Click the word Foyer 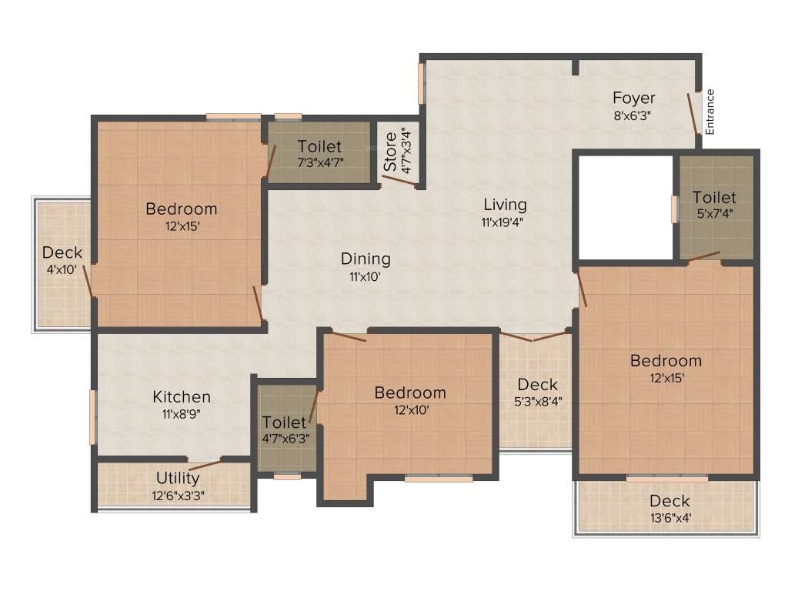[x=634, y=98]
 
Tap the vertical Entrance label [x=710, y=112]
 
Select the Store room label [x=391, y=151]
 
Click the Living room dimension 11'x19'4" [x=505, y=222]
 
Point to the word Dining [x=366, y=259]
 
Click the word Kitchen [x=182, y=397]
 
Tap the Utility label [x=178, y=479]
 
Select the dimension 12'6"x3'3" [x=178, y=496]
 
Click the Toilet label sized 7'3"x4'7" [x=319, y=146]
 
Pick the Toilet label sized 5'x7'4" [x=714, y=198]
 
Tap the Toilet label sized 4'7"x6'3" [x=284, y=422]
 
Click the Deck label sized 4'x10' [x=62, y=252]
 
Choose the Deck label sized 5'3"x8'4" [x=537, y=385]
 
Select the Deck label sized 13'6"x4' [x=669, y=502]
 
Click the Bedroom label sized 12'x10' [x=409, y=393]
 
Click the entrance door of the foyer [x=693, y=114]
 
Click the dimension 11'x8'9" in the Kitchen [x=182, y=413]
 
